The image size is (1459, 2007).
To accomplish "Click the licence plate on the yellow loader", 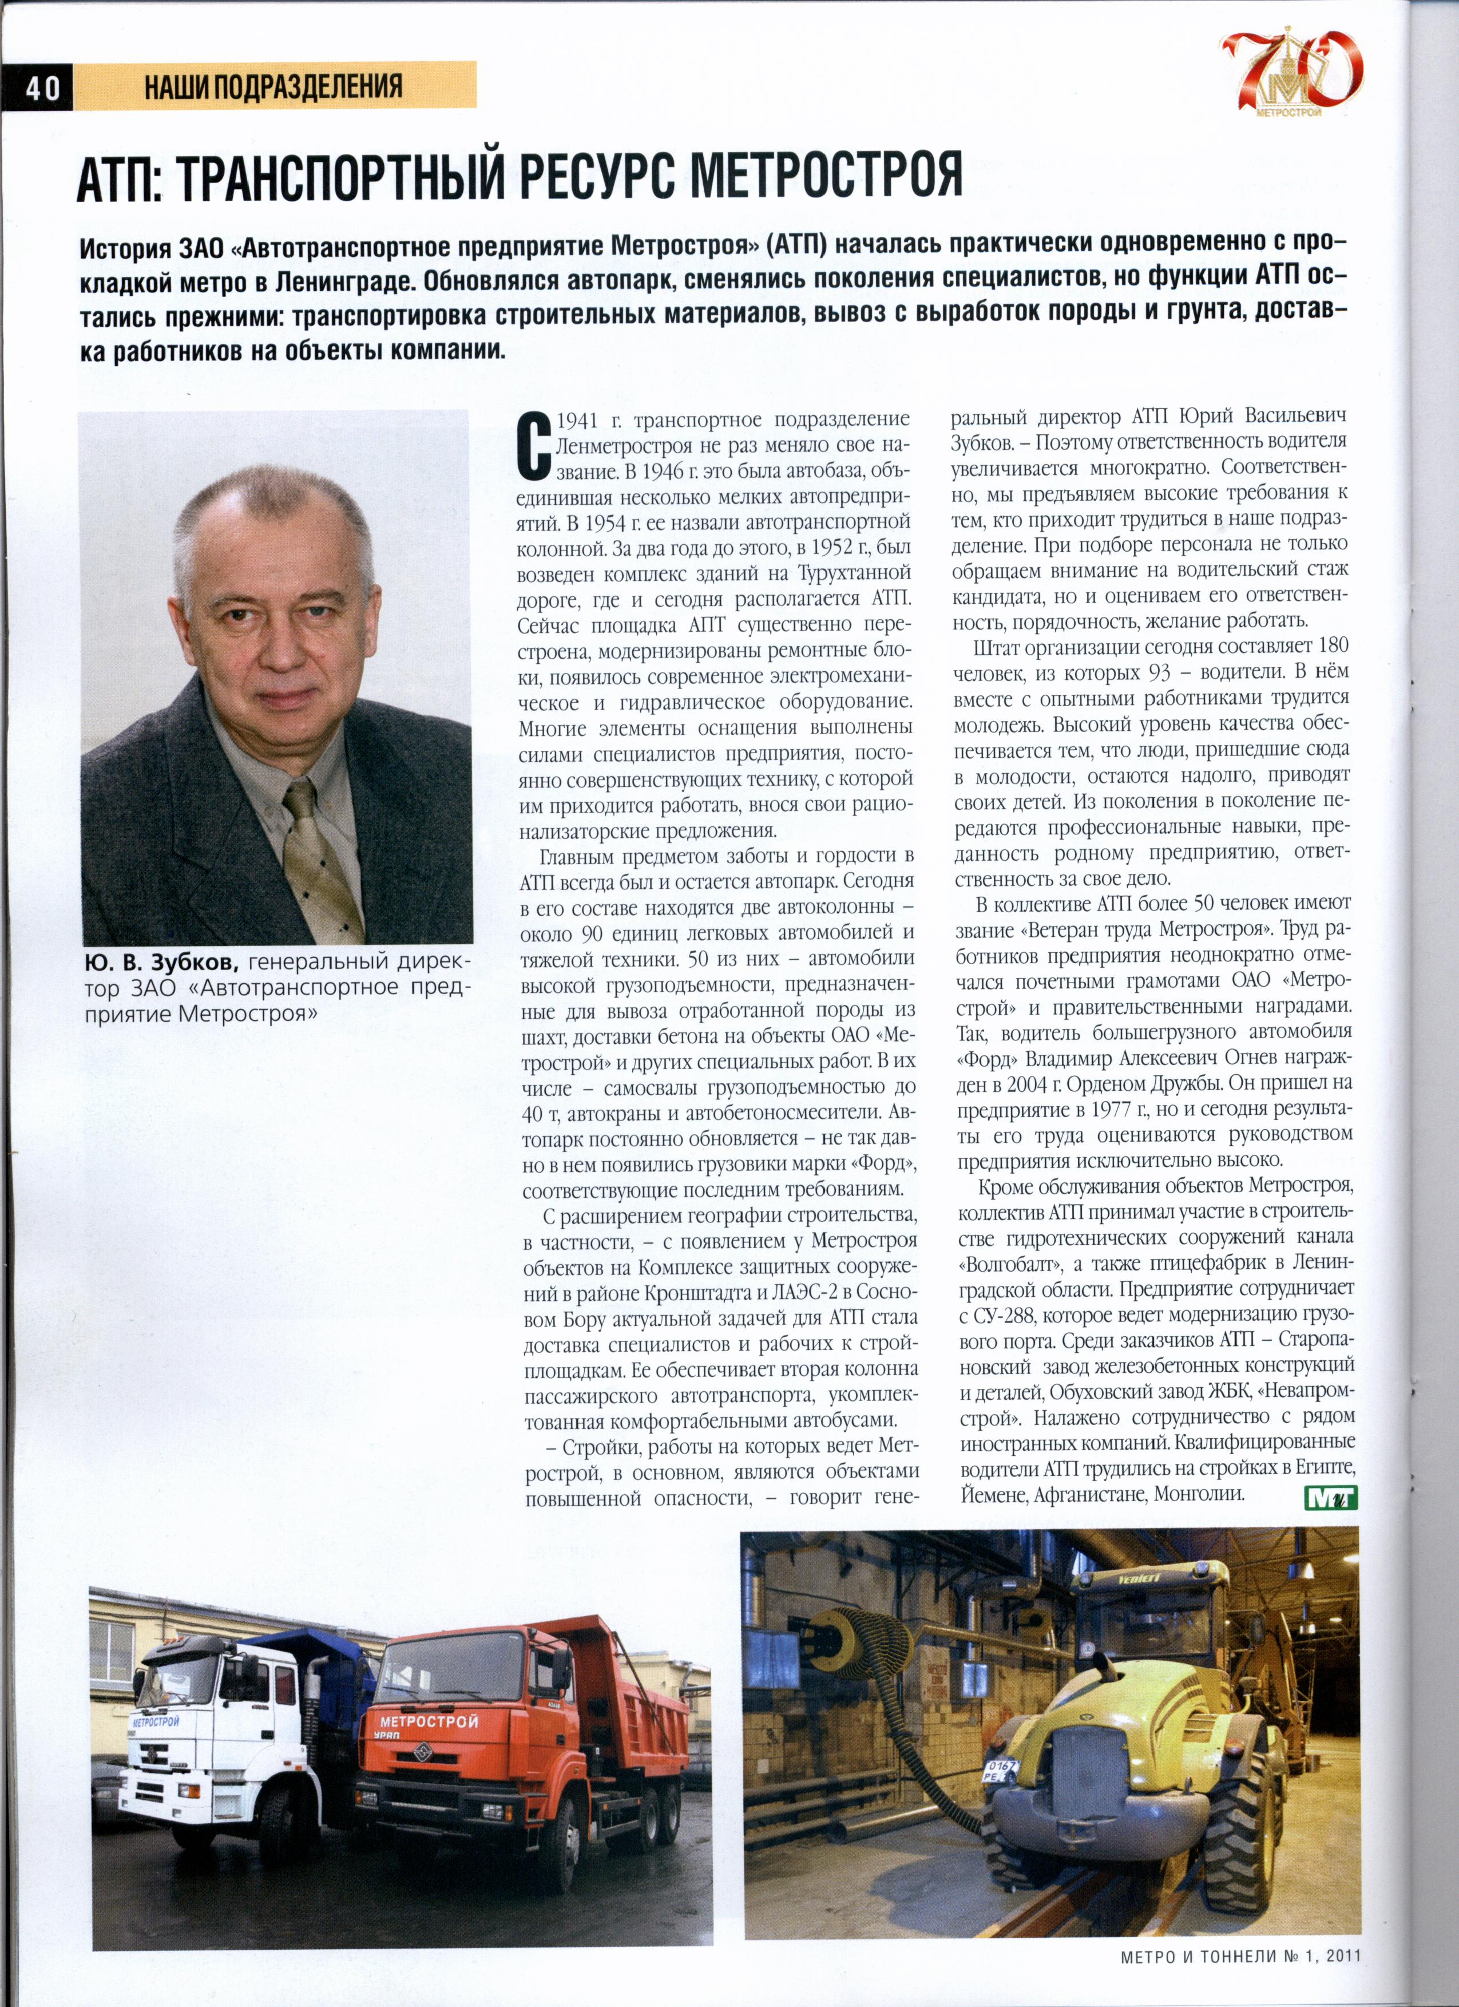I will [x=1001, y=1768].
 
